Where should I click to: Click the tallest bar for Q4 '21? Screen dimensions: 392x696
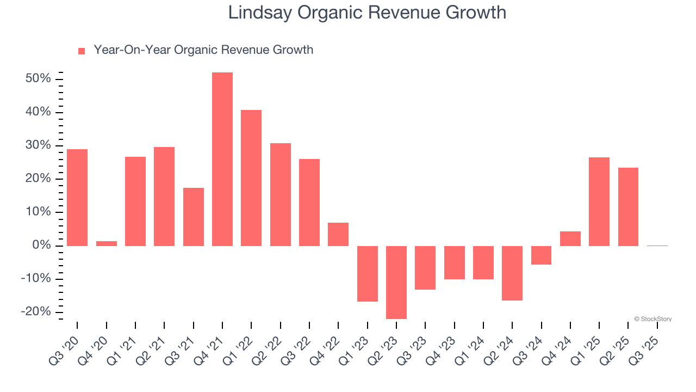[222, 159]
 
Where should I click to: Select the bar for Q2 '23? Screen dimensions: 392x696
[396, 282]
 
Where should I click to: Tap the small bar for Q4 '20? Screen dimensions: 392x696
[107, 243]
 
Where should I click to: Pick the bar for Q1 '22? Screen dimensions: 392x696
[251, 178]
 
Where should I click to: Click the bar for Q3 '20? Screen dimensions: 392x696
[77, 198]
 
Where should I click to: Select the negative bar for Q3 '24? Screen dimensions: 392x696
[542, 255]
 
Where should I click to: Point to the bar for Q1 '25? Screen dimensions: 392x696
[599, 201]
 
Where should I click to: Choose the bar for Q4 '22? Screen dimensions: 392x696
[338, 234]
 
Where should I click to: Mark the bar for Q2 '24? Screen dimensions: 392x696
[512, 273]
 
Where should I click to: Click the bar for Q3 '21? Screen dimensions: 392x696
[194, 217]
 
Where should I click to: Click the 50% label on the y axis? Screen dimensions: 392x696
[38, 79]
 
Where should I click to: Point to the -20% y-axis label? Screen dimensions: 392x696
[36, 312]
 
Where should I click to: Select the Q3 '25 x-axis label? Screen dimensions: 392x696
[647, 348]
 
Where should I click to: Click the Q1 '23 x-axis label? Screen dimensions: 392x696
[357, 348]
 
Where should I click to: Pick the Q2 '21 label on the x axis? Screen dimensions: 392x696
[153, 348]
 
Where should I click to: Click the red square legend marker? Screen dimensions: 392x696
[82, 51]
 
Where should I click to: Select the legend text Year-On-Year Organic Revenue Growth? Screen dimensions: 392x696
[203, 50]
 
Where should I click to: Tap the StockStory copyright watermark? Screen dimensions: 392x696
[652, 319]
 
